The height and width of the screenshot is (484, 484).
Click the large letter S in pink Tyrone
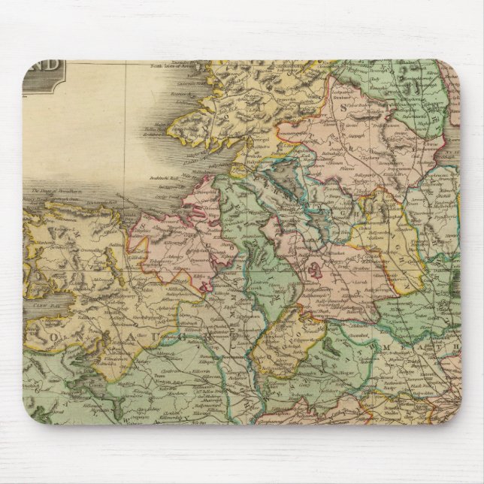click(346, 108)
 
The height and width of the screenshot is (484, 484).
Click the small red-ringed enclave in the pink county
click(310, 267)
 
